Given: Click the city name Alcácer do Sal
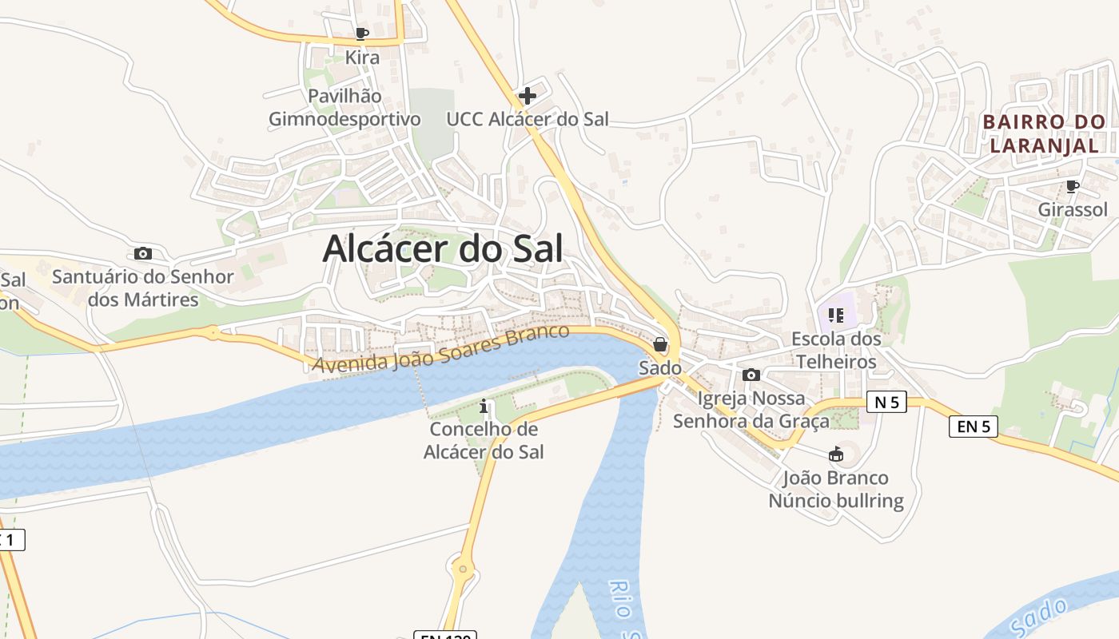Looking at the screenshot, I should click(443, 248).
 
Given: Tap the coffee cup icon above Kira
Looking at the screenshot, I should click(361, 34).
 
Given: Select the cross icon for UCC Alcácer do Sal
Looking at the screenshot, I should click(528, 96).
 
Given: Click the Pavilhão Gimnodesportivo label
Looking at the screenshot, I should click(344, 107).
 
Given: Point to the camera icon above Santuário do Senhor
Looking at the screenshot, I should click(143, 253).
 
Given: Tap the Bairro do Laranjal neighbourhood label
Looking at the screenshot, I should click(1044, 133).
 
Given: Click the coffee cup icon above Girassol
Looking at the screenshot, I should click(1073, 186).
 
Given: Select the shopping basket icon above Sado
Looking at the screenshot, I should click(660, 345).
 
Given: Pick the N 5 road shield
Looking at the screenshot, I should click(886, 402).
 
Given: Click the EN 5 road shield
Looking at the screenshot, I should click(974, 426).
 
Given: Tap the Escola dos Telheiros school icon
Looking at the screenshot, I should click(836, 316).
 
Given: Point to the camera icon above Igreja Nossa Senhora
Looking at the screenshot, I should click(751, 375).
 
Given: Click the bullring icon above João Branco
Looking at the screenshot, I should click(836, 454).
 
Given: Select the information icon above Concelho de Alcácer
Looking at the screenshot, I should click(484, 407).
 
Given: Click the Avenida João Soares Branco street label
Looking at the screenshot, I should click(441, 348).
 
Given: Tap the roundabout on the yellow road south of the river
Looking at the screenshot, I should click(462, 570).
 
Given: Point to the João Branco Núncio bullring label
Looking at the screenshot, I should click(836, 490).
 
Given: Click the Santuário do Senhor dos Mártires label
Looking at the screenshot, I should click(143, 288).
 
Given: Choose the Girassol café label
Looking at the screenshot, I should click(1073, 209).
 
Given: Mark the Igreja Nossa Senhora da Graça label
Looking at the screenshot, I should click(751, 409).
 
